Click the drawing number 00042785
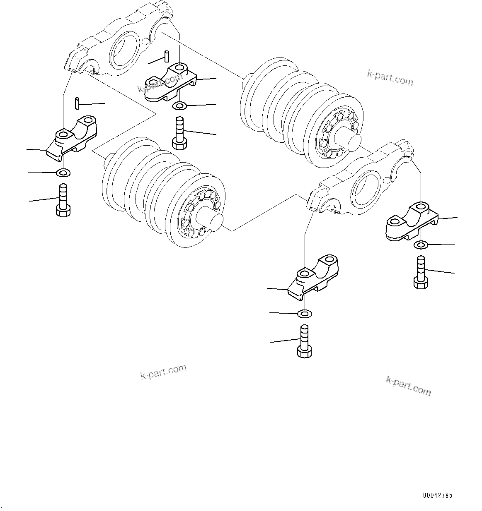(x=438, y=495)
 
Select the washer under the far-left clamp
(x=63, y=172)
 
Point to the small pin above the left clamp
(x=77, y=103)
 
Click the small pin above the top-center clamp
(x=167, y=56)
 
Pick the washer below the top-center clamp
(x=179, y=106)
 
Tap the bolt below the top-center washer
(x=179, y=133)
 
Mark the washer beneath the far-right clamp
(x=421, y=245)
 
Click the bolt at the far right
(x=420, y=272)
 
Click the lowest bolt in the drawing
(x=304, y=341)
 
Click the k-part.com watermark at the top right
(x=390, y=77)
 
